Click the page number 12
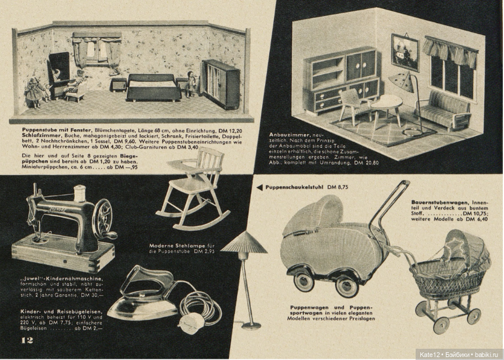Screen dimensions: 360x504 27,340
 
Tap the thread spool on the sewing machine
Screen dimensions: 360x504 79,193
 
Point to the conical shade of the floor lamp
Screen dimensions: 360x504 244,243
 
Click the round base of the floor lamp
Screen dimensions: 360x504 251,324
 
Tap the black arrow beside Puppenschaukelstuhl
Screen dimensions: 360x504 259,187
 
